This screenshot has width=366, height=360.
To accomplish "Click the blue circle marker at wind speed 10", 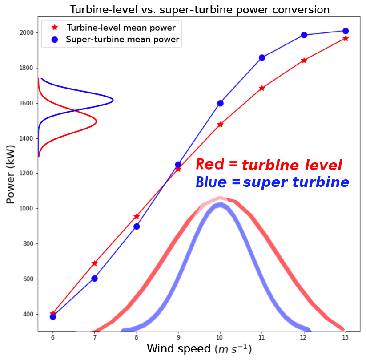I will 220,103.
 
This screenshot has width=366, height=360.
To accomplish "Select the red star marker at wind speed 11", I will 262,88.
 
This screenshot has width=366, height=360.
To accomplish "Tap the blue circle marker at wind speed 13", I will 346,31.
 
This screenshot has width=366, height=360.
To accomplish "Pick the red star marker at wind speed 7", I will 94,263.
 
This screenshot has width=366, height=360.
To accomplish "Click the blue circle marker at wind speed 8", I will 137,227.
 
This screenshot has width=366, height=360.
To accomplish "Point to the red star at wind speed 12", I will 304,60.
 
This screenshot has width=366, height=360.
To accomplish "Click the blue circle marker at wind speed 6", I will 53,316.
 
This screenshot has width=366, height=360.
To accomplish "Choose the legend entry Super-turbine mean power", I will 122,40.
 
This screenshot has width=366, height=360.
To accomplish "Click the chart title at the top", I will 200,10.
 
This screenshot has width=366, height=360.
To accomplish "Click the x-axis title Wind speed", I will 199,349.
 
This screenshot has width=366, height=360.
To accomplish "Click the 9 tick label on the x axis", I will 178,338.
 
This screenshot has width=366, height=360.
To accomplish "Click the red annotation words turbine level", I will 292,166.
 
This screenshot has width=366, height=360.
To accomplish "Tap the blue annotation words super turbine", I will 296,182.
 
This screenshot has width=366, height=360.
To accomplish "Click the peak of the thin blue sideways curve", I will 113,100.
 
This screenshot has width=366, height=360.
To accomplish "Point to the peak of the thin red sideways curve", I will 97,121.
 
